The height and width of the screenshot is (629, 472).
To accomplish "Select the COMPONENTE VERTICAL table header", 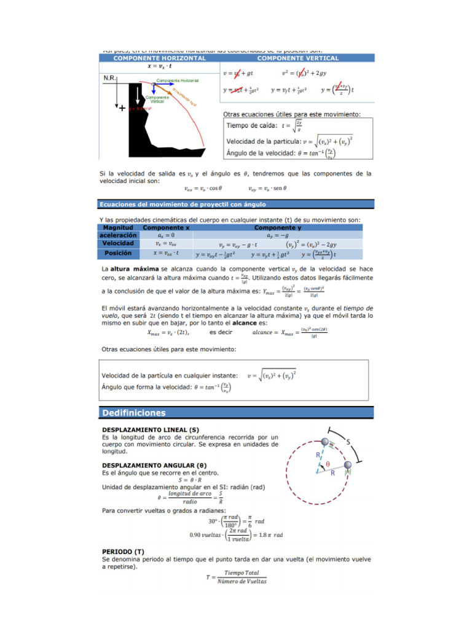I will coord(297,58).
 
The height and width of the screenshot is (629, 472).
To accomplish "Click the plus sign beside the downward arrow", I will coord(122,108).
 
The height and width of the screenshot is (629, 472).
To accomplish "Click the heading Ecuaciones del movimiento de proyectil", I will coord(183,204).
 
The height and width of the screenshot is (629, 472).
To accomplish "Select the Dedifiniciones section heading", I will coord(134,413).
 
